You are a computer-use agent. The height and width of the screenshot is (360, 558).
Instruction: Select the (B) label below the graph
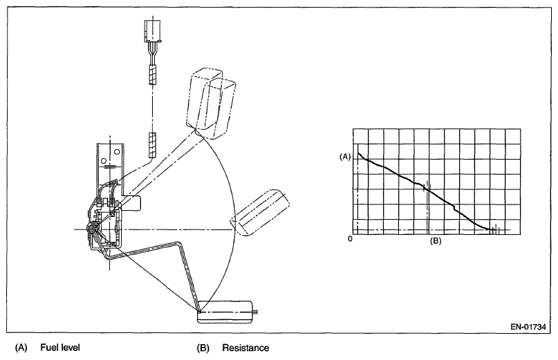[x=436, y=241]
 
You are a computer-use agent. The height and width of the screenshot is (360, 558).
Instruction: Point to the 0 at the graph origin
[x=351, y=238]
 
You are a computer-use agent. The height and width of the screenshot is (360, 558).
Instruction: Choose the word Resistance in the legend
[x=245, y=348]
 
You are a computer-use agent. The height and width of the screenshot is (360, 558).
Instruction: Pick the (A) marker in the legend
[x=20, y=348]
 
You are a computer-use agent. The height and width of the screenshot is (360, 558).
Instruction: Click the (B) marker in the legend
[x=203, y=348]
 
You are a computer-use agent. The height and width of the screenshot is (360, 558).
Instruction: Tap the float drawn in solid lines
[x=225, y=312]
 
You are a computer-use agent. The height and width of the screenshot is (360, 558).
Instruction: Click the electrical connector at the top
[x=153, y=30]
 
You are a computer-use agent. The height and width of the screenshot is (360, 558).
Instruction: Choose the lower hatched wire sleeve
[x=153, y=144]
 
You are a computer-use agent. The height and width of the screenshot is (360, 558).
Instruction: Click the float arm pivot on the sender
[x=93, y=226]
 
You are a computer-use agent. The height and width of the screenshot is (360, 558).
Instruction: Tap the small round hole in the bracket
[x=104, y=161]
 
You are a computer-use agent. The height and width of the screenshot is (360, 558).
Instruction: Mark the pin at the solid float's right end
[x=257, y=312]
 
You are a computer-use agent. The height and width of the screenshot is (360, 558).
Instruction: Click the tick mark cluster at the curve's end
[x=494, y=229]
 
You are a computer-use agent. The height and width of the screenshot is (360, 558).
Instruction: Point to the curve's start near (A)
[x=359, y=154]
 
